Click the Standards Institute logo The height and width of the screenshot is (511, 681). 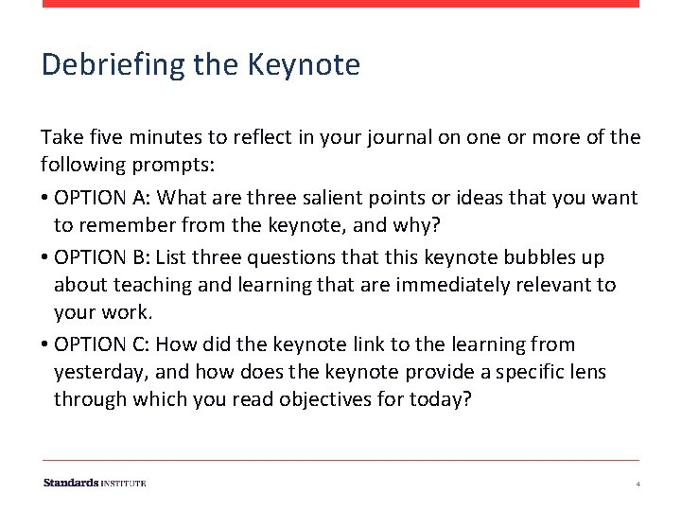(x=95, y=483)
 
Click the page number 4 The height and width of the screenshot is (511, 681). (x=638, y=484)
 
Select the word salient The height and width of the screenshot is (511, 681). (x=273, y=198)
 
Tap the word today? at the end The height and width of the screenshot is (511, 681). (x=441, y=399)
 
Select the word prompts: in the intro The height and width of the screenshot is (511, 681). (x=174, y=165)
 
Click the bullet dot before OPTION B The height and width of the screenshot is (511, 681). (x=45, y=257)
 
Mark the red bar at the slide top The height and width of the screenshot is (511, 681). (x=340, y=4)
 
